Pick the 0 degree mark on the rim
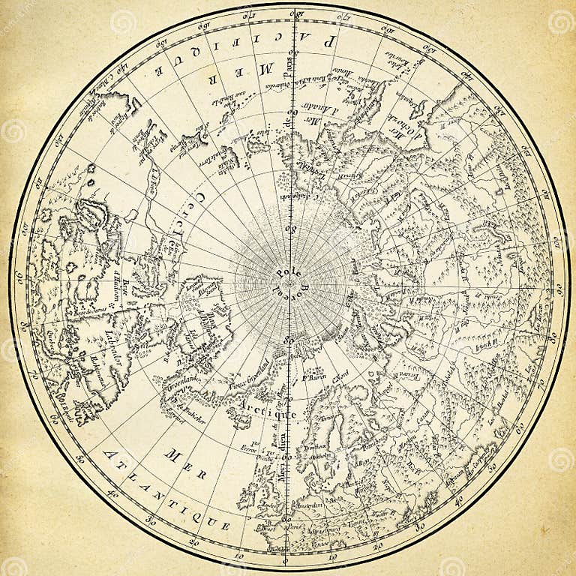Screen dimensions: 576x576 click(x=284, y=559)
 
